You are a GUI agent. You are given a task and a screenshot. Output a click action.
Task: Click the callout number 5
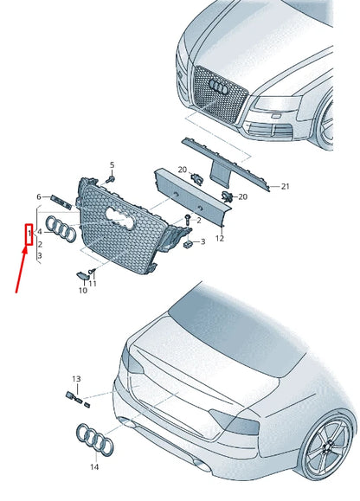(112, 164)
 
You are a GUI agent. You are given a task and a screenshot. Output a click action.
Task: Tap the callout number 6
(38, 197)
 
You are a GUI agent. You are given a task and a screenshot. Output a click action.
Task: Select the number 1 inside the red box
(29, 233)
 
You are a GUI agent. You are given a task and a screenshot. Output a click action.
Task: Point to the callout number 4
(39, 233)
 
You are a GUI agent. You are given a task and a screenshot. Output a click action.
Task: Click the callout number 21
(286, 186)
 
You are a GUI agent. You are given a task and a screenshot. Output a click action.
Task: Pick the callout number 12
(220, 238)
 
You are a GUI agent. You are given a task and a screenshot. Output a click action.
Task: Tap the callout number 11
(93, 284)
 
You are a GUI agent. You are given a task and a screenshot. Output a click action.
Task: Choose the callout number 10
(82, 291)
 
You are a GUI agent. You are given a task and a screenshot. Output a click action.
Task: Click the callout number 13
(75, 379)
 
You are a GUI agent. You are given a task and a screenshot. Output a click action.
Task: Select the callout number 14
(94, 467)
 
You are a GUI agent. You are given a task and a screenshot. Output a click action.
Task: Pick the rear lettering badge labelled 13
(78, 397)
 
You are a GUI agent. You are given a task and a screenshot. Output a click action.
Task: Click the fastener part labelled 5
(112, 178)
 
